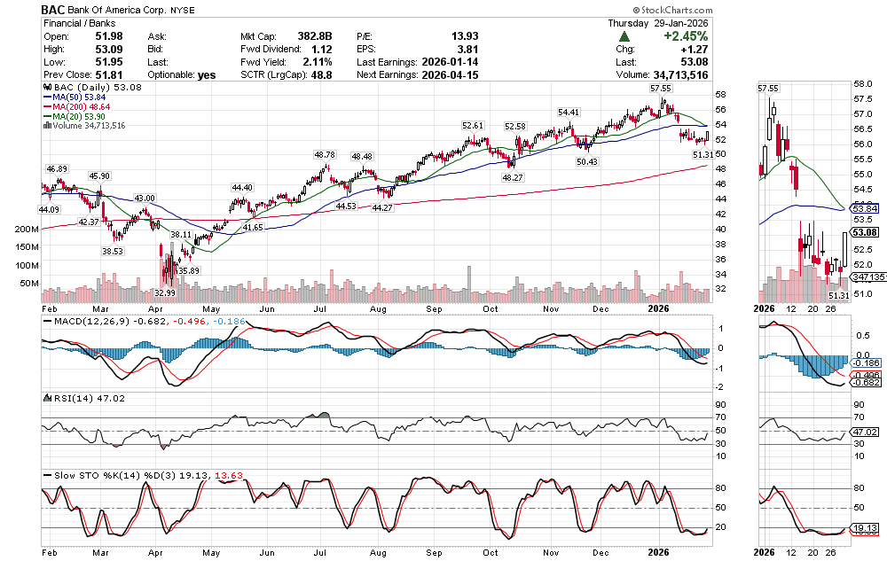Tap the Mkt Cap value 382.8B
tap(315, 36)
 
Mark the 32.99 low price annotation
tap(164, 292)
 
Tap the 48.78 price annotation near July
tap(325, 154)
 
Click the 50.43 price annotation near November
tap(586, 161)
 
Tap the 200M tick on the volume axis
tap(27, 230)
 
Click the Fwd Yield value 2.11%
tap(317, 62)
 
